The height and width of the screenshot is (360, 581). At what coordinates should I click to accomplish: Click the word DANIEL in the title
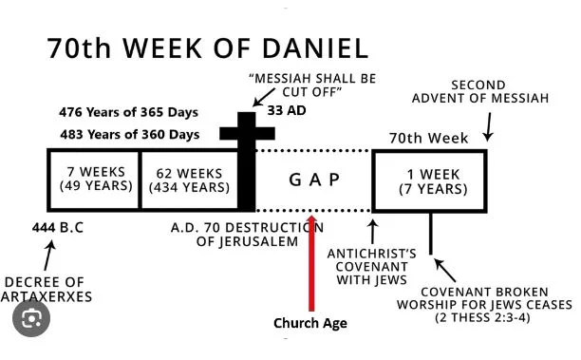315,48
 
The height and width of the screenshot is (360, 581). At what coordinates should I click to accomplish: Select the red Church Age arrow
311,263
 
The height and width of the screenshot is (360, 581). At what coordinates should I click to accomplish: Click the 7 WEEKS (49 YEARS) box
95,180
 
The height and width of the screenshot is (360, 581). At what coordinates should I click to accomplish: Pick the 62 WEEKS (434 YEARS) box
189,180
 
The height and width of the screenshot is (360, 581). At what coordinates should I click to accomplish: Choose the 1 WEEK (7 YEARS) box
430,180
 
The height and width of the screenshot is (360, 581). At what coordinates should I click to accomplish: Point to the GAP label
314,180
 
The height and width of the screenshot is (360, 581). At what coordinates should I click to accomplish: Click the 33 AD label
287,110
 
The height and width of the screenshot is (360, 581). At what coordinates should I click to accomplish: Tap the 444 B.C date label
58,227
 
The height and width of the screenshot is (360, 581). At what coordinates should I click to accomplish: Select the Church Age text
310,323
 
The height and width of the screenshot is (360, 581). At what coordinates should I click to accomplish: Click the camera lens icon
31,318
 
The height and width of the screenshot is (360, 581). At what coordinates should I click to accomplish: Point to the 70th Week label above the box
428,138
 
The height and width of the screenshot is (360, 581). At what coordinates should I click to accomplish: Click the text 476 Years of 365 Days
128,112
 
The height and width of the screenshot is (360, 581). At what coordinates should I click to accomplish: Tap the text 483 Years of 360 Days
130,134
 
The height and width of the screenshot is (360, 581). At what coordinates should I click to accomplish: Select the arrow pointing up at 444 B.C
49,256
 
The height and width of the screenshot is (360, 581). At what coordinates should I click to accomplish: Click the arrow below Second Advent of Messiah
489,127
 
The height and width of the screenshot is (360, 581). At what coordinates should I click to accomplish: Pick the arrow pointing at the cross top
264,97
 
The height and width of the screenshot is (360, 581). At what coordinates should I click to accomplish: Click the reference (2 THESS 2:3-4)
482,318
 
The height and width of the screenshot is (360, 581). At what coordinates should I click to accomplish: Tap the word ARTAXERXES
46,296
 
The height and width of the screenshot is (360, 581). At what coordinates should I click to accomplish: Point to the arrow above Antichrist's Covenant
373,232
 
